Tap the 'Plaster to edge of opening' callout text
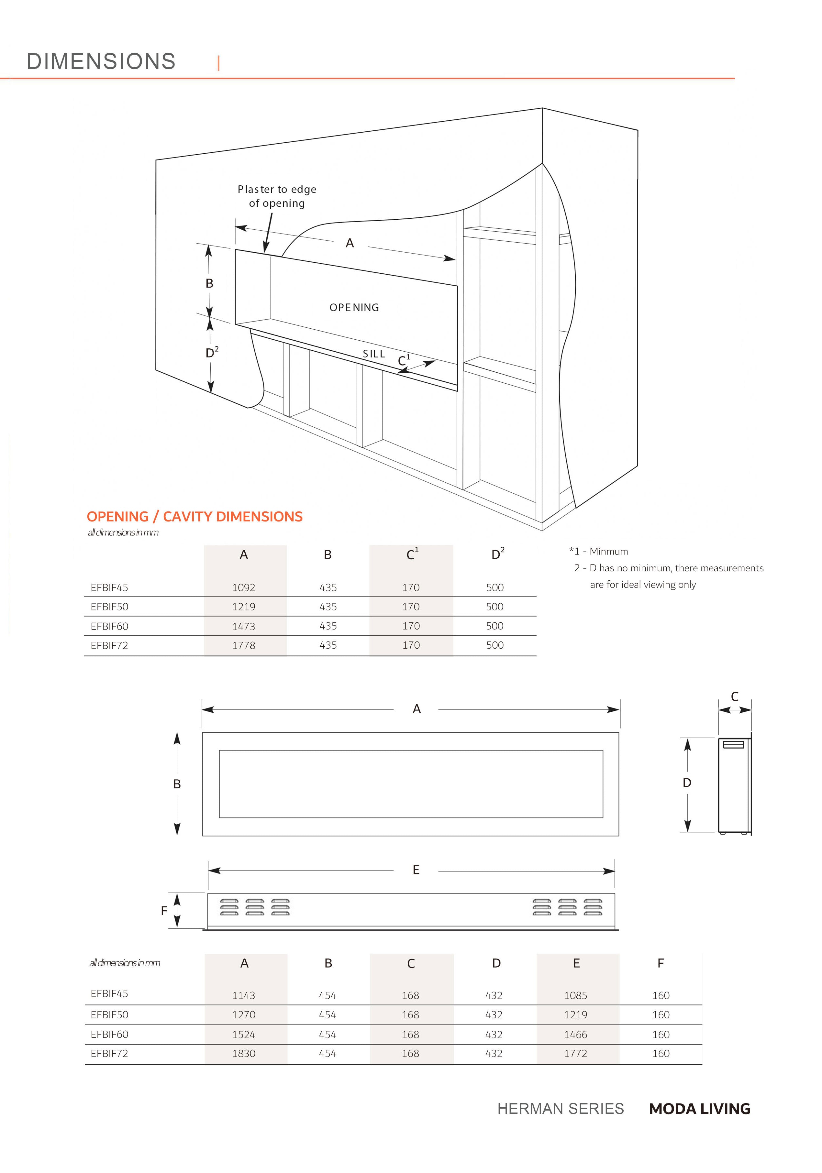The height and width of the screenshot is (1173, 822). pos(277,196)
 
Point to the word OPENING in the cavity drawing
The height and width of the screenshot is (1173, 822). pos(354,308)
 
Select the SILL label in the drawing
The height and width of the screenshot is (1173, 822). pos(374,354)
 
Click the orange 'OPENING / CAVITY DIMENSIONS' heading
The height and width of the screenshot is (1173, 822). pos(194,517)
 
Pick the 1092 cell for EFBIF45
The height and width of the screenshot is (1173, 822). pos(243,587)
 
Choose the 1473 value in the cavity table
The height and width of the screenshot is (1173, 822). pos(243,626)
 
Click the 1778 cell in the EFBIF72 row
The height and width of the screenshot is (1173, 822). pos(243,645)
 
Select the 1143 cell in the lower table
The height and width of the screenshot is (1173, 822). pos(243,995)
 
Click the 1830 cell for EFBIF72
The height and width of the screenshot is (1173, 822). pos(243,1053)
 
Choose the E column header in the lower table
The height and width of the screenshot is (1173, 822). pos(576,963)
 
